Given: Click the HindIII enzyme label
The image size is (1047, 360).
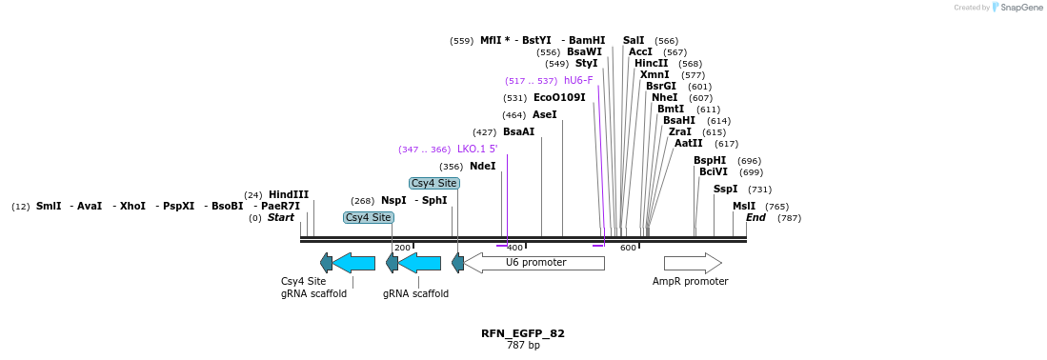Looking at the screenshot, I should tap(289, 194).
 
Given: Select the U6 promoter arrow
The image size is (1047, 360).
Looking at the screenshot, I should tap(534, 262).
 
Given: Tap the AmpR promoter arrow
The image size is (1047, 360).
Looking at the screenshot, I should tap(692, 263).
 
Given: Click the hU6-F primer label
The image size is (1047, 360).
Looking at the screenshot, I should tap(578, 81).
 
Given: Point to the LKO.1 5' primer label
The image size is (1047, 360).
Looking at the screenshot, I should tap(477, 149).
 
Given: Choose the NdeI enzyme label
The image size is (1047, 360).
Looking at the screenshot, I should tap(483, 166).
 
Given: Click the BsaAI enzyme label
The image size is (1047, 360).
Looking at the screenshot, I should tap(519, 131).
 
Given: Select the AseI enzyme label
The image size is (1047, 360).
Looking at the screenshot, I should tap(545, 114).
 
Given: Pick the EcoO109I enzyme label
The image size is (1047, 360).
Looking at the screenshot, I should tap(559, 97).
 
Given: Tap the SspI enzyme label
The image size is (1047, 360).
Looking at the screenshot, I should tap(726, 189).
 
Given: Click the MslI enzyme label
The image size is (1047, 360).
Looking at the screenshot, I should tap(744, 206).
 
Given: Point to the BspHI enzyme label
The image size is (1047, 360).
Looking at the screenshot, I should tap(710, 160).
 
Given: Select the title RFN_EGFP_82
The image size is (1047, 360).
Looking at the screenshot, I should tap(523, 333).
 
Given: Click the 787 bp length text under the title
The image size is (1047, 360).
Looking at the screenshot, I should tap(523, 345).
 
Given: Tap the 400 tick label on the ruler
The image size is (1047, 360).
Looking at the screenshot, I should tap(514, 248).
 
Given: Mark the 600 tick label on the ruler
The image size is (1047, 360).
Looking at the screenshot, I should tap(628, 248).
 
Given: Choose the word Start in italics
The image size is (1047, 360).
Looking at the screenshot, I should tap(281, 217).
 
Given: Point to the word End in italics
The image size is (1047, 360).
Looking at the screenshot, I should tap(755, 217).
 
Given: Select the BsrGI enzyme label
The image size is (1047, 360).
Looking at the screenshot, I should tap(661, 86).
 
